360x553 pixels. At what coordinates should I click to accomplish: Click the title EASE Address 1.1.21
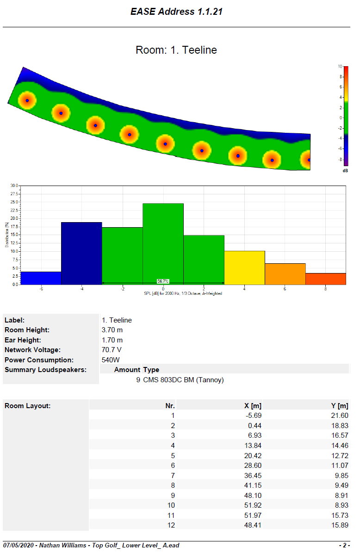176,12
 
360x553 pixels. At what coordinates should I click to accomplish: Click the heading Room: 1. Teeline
176,50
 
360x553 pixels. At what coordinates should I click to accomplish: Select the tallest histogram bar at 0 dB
163,243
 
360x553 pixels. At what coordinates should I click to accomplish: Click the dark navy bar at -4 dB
81,253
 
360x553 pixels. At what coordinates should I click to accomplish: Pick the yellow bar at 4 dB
244,267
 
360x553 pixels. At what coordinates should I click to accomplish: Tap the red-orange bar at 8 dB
326,279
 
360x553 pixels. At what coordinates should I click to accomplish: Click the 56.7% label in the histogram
163,281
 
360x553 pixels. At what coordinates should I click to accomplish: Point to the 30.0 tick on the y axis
14,186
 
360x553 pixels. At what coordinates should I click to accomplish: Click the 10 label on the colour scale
340,67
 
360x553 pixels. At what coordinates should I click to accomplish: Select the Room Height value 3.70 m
112,330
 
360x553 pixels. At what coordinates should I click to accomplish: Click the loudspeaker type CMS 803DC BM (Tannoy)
183,380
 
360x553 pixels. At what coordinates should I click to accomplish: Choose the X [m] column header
253,406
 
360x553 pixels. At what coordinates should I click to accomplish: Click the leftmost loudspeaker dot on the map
27,100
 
